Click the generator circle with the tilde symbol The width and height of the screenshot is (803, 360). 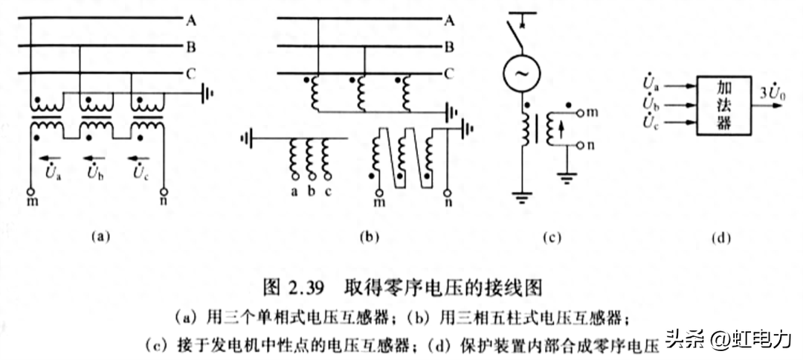[519, 73]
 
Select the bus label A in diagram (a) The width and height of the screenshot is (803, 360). [191, 20]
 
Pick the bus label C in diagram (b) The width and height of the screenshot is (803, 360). [448, 74]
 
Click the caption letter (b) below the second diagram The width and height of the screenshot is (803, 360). [370, 238]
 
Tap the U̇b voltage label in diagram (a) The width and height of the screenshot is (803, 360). [96, 173]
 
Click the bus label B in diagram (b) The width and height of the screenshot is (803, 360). [448, 47]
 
